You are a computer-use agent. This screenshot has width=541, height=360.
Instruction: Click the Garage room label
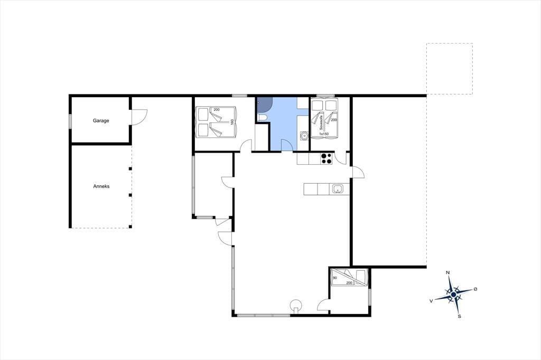point(101,121)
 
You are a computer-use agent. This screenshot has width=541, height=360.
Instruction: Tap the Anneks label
point(101,186)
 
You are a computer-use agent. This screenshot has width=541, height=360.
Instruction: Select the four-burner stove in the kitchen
point(327,158)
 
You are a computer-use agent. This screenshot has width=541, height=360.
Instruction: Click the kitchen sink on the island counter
point(338,189)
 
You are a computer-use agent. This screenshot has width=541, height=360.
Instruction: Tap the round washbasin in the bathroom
point(304,136)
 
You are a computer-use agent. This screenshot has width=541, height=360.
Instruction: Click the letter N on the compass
point(448,273)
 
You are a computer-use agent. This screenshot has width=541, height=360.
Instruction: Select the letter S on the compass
point(459,316)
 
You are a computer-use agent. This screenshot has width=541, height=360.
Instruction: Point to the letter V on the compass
point(431,301)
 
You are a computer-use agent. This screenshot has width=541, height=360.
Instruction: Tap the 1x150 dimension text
point(324,134)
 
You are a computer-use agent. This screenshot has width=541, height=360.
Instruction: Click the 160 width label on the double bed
point(232,122)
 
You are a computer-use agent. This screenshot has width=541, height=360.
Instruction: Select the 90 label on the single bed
point(334,278)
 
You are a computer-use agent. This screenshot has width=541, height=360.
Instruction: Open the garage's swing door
point(139,117)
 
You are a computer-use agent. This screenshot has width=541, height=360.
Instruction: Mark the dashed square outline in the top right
point(450,43)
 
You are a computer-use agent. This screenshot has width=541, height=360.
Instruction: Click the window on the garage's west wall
point(70,121)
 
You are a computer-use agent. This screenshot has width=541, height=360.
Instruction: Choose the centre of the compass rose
point(454,294)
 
